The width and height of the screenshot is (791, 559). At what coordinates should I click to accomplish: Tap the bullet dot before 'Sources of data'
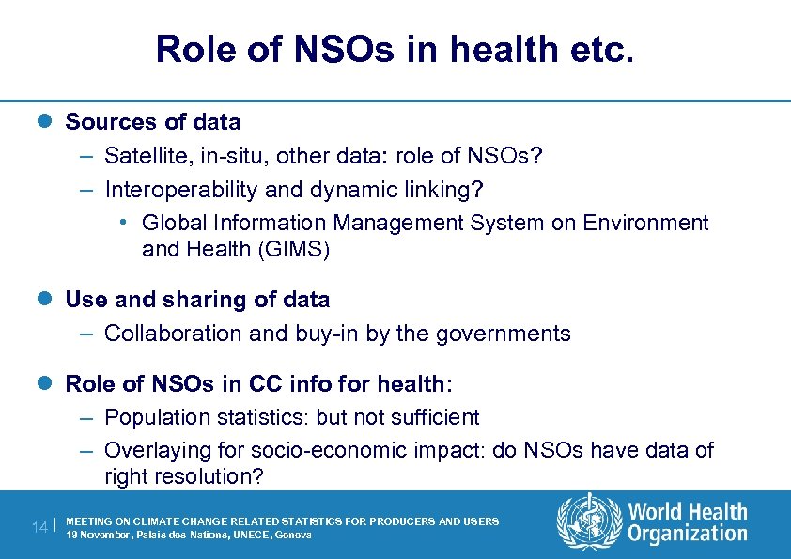(x=53, y=122)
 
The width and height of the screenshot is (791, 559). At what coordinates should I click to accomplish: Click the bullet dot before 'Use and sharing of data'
(x=53, y=300)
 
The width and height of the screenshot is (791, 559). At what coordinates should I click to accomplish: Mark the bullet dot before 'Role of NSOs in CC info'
(x=53, y=383)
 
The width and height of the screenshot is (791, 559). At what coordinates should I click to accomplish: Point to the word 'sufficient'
(x=432, y=417)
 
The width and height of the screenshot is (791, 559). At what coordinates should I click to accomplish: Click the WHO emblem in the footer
(x=589, y=522)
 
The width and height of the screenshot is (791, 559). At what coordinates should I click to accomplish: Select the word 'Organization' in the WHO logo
(x=688, y=534)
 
